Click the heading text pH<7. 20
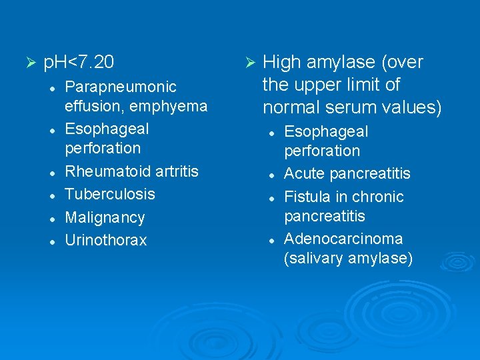click(x=79, y=63)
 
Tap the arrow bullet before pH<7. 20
click(x=28, y=63)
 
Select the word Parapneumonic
click(x=120, y=87)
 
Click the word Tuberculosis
click(x=109, y=194)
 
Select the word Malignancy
click(x=104, y=217)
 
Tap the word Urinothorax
click(x=105, y=240)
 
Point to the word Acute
click(x=303, y=173)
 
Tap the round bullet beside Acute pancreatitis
click(x=271, y=174)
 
